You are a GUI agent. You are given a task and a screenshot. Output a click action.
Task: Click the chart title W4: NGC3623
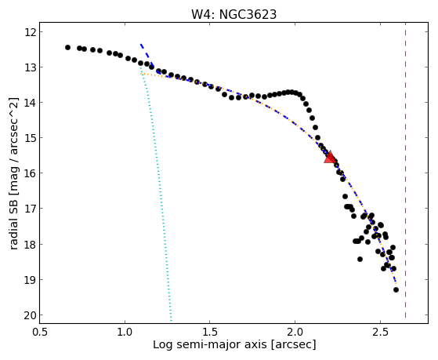point(233,15)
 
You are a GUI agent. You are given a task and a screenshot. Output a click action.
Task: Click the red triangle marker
point(330,157)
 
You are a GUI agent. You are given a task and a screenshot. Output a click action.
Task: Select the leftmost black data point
point(67,48)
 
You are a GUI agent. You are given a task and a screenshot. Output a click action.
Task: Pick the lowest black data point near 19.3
point(396,289)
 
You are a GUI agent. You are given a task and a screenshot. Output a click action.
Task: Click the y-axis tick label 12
point(30,32)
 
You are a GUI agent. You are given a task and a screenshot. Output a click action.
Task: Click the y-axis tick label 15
point(30,138)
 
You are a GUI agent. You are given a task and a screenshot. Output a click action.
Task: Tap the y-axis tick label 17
point(30,209)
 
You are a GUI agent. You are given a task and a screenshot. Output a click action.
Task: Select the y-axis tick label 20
point(30,315)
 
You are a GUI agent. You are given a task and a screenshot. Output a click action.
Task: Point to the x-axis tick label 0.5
point(40,333)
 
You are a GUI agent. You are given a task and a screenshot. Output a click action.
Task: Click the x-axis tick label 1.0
point(125,333)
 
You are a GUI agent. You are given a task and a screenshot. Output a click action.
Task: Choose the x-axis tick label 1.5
point(210,333)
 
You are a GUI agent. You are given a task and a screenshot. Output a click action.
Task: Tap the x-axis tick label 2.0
point(295,333)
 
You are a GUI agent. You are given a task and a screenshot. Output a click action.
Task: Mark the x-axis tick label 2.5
point(380,333)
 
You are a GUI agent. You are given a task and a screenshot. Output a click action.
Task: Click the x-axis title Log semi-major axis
point(210,345)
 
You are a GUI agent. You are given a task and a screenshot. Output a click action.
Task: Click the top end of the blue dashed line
point(141,44)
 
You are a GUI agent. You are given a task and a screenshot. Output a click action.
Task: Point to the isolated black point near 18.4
point(360,260)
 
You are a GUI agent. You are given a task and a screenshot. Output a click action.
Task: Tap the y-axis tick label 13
point(30,67)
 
